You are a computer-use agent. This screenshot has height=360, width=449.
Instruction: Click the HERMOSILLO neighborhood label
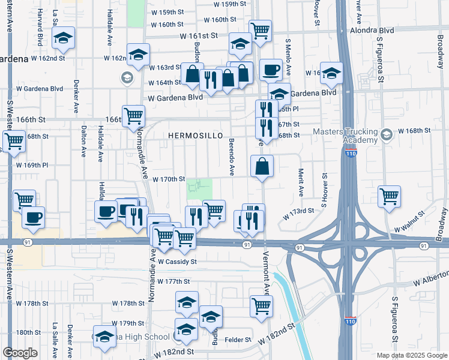point(191,136)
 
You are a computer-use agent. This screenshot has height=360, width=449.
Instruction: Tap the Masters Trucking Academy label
point(352,136)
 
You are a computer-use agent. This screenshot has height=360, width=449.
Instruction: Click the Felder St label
point(237,340)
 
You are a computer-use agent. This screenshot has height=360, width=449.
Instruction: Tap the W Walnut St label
point(409,229)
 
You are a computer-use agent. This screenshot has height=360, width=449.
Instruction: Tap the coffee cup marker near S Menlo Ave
point(270,70)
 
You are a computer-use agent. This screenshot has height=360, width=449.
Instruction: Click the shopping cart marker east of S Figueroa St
point(390,195)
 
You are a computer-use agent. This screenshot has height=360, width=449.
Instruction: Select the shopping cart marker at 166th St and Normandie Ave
point(133,115)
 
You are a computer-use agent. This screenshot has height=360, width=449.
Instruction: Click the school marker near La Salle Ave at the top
point(62,38)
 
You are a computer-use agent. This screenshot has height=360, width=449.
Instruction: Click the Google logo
point(20,353)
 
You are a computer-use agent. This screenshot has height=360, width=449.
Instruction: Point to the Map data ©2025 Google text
point(411,355)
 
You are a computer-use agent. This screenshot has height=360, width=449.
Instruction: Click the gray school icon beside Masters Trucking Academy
point(387,132)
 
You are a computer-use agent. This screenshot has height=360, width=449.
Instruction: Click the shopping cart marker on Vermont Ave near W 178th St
point(261,306)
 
